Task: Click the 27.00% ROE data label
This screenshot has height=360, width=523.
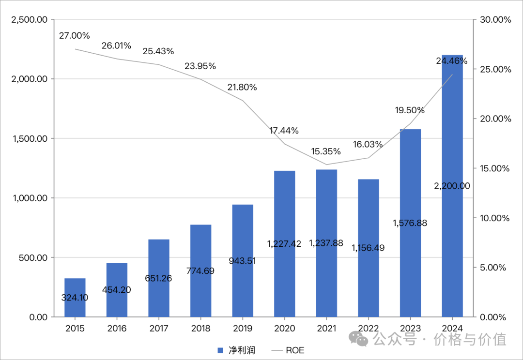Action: (75, 36)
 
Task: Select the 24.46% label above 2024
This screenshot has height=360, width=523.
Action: (452, 61)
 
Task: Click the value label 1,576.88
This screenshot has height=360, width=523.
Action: (410, 223)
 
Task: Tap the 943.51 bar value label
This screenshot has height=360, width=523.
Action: (242, 261)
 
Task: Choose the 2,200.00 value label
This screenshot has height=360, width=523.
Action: (452, 185)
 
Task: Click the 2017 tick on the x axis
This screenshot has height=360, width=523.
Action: (159, 329)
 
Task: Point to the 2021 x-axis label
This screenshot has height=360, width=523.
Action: (326, 329)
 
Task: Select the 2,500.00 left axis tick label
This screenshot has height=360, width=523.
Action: (30, 20)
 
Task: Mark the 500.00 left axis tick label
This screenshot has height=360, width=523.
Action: (33, 257)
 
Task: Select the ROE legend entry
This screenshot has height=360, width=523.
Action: (289, 350)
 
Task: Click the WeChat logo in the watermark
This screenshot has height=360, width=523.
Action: (359, 339)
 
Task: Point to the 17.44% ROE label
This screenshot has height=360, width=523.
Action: (284, 131)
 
